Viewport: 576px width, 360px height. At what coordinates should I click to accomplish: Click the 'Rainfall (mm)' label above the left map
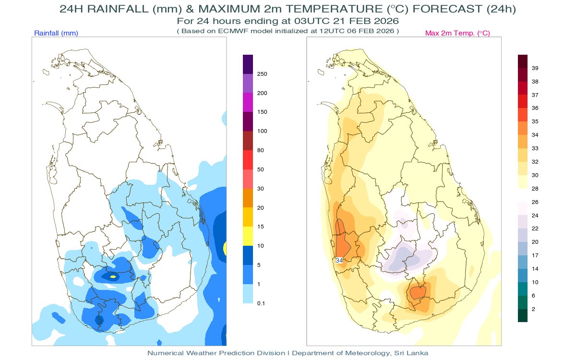[56, 33]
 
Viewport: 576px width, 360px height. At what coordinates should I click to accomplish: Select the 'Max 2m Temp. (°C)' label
[457, 33]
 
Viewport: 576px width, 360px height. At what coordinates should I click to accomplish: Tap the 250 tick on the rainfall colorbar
[263, 74]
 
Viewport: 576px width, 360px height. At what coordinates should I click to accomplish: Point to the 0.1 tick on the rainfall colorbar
[262, 303]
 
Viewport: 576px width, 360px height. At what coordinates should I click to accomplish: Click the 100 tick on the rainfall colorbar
[263, 131]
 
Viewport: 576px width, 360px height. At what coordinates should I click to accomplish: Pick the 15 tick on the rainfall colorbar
[261, 227]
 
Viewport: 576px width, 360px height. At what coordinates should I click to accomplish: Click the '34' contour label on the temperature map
[339, 260]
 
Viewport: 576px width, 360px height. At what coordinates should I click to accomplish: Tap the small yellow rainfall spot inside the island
[113, 276]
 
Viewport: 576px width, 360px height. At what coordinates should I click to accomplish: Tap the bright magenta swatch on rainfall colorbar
[248, 102]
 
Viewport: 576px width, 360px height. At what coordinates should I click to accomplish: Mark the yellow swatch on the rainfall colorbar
[248, 236]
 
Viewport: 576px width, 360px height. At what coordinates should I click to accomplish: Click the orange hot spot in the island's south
[417, 292]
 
